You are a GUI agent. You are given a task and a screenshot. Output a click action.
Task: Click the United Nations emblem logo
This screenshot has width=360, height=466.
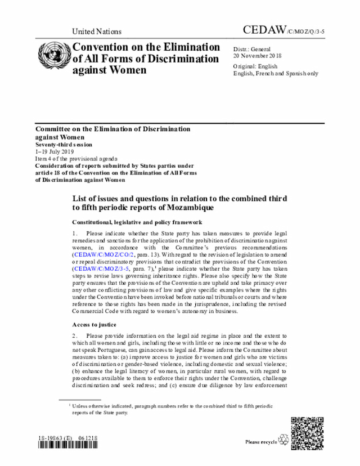pos(53,55)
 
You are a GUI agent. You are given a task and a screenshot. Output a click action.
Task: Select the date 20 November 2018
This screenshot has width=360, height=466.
pos(258,56)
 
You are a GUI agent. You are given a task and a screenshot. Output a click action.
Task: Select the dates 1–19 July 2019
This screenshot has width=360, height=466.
pos(55,151)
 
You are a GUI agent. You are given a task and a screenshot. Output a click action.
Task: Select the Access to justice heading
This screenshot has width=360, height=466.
pos(94,325)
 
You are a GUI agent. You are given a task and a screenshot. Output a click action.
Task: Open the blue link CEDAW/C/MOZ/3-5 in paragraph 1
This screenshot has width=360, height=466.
pos(101,269)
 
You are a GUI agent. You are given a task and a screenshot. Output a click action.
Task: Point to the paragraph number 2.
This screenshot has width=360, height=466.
pos(74,335)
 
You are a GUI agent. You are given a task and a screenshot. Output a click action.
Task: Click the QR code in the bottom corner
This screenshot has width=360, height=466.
pos(308,433)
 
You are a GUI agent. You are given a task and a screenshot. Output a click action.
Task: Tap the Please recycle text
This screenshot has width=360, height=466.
pos(261,442)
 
